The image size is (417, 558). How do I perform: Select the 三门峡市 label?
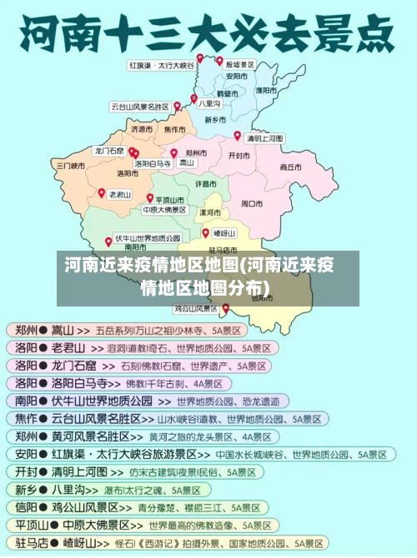pos(70,166)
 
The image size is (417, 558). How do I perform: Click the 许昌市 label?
pos(206,183)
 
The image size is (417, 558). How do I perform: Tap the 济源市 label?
pos(142,130)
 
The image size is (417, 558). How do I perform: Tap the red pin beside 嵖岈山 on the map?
pos(205,232)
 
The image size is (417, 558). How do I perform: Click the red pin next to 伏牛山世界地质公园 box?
pos(108,242)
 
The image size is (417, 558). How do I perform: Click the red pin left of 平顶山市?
pos(150,198)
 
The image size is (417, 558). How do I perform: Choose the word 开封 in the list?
pos(26,471)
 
